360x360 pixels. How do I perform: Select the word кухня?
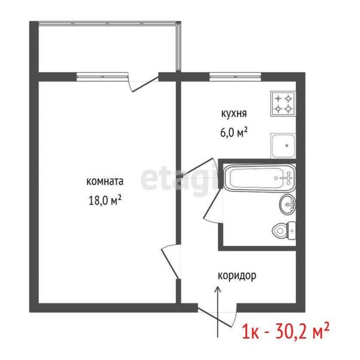coord(234,114)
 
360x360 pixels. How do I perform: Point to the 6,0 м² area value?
coord(234,133)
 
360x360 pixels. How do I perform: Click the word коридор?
coord(237,276)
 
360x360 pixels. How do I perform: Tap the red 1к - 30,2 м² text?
coord(285,330)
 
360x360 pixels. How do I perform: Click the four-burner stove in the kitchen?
coord(283,104)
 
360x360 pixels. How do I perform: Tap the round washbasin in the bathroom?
coord(288,204)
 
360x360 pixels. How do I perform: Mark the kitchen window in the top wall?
coord(235,76)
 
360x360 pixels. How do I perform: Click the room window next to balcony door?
coord(102,76)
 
